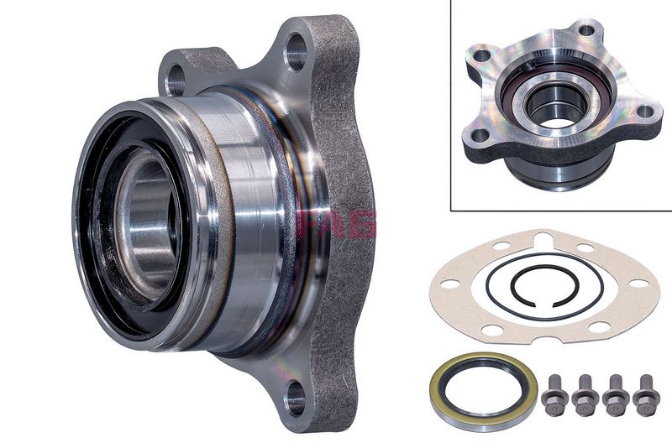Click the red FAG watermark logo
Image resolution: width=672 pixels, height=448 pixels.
point(336,223)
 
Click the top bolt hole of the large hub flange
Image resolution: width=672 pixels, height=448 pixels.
point(296,52)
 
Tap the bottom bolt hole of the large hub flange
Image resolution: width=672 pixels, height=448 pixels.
point(296,398)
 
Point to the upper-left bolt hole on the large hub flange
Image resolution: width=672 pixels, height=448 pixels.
point(175,79)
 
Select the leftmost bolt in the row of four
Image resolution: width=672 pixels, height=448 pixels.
point(552,395)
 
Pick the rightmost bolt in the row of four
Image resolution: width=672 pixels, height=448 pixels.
point(644,395)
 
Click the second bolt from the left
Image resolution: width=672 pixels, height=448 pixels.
point(584,395)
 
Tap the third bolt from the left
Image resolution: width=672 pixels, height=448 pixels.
point(614,395)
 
